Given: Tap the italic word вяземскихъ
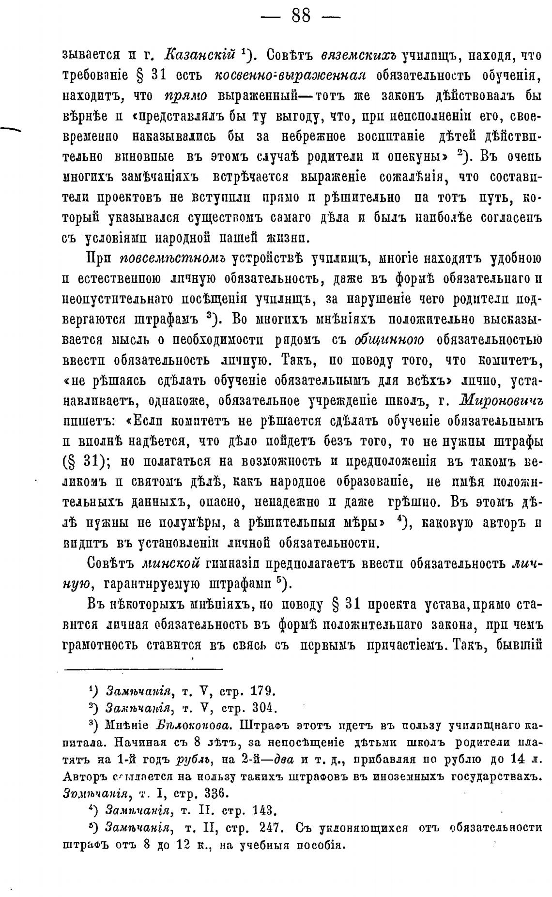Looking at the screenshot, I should pyautogui.click(x=358, y=55).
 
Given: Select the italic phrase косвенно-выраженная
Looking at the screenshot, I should pyautogui.click(x=290, y=75).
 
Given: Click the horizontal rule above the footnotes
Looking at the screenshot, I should pyautogui.click(x=143, y=669).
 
